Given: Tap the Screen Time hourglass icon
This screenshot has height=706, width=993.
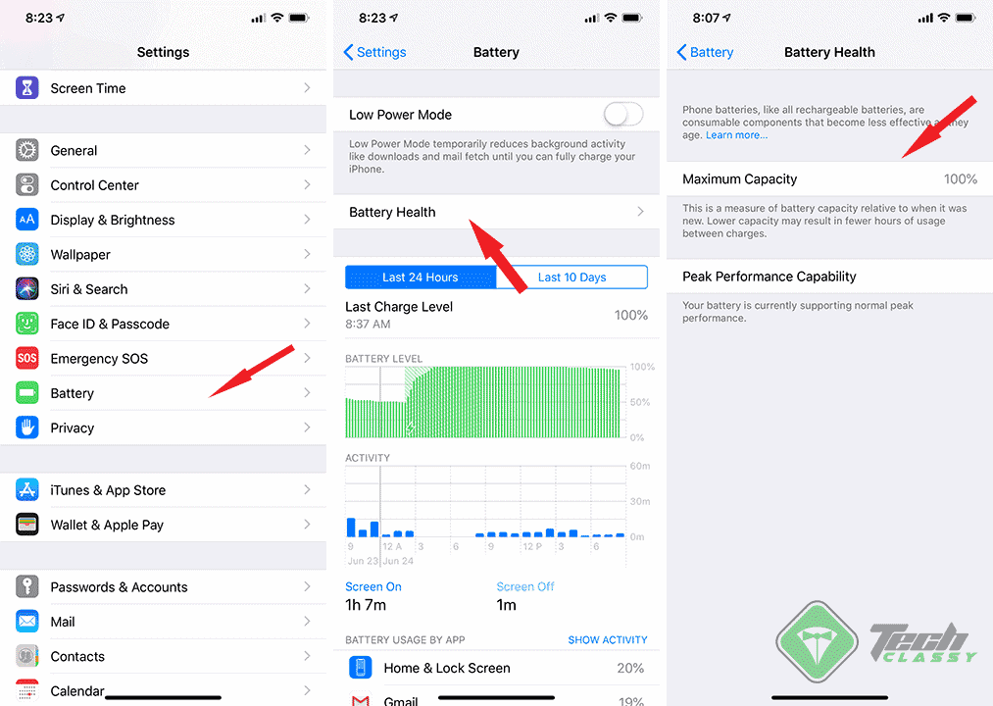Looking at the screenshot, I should (x=27, y=88).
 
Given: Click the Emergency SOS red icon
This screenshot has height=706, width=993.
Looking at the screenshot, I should (x=27, y=359).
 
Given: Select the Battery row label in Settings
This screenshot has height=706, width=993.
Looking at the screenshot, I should (x=73, y=393).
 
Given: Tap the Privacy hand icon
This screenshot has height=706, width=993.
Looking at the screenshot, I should (x=27, y=428).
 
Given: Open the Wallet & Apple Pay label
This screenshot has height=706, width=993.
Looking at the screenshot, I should (x=107, y=525).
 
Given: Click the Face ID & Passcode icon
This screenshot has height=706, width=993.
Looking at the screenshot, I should (x=27, y=324).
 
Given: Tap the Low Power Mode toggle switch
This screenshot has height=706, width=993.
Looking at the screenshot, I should (x=623, y=115).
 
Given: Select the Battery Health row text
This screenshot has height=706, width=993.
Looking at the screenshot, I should (x=392, y=212).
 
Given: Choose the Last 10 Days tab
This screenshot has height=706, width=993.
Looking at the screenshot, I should (x=571, y=277).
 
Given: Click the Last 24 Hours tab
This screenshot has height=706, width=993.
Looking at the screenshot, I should (x=421, y=277).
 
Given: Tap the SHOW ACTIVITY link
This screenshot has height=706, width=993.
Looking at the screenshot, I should (x=608, y=640).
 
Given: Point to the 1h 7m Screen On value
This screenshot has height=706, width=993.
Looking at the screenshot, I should (x=366, y=605).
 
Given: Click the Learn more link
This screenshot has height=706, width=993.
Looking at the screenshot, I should (x=736, y=135).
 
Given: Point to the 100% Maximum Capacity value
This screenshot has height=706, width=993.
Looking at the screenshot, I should (x=960, y=179).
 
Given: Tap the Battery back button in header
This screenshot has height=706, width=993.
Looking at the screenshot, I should (x=706, y=52).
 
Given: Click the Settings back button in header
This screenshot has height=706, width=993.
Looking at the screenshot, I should (x=374, y=52).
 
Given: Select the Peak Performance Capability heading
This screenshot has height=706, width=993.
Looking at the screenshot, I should (x=770, y=277).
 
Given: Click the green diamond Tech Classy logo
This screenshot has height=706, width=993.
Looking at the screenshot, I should (x=818, y=643).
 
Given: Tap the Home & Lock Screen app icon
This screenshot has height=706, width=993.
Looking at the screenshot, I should (x=362, y=668).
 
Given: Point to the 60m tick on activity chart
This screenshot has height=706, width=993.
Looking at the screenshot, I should (x=639, y=467).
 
